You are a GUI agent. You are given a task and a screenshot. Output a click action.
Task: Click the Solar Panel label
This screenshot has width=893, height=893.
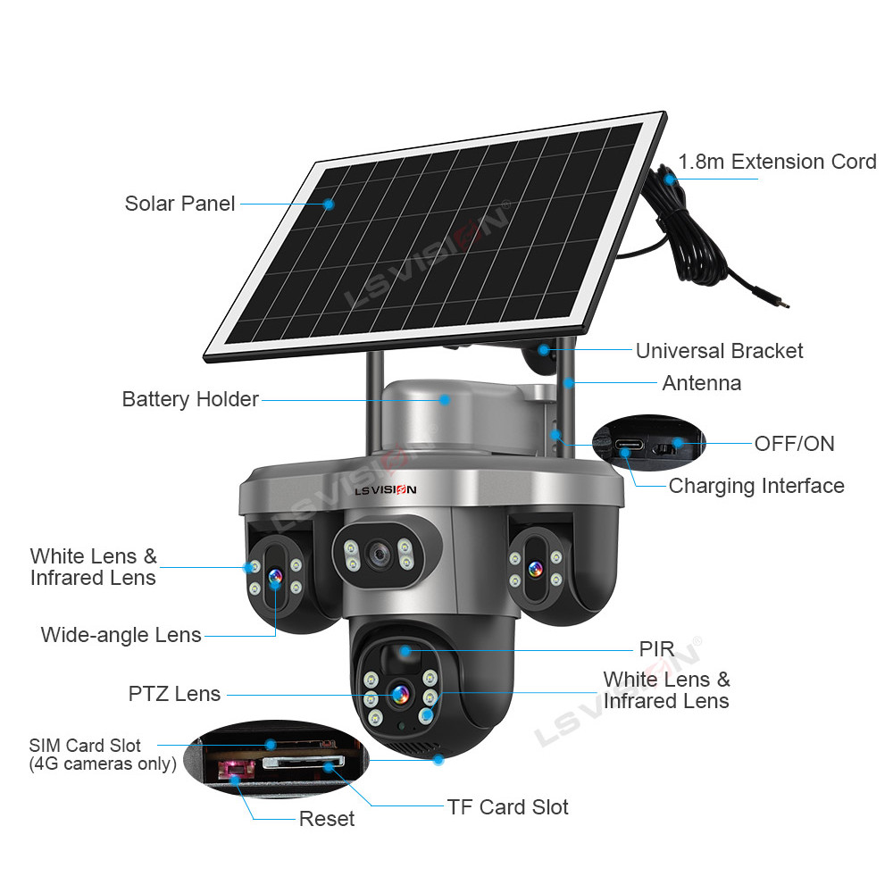[179, 203]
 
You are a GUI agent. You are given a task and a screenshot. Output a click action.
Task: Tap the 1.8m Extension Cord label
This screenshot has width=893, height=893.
[777, 162]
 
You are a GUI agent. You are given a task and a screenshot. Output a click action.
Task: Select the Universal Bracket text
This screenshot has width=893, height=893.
[719, 351]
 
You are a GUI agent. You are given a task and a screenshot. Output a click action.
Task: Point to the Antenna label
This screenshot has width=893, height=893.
[701, 383]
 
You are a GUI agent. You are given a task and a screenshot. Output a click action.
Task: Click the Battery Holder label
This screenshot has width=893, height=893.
[190, 399]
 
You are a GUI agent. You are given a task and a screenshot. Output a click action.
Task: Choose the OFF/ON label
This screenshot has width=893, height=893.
[794, 443]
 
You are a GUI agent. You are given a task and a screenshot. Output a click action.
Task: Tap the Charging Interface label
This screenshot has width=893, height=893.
[756, 486]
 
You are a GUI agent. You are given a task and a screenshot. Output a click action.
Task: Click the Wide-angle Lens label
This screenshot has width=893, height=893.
[121, 635]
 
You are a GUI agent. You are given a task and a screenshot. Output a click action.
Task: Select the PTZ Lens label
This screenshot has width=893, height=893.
[174, 693]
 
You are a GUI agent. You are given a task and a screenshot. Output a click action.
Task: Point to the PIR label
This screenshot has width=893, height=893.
[656, 648]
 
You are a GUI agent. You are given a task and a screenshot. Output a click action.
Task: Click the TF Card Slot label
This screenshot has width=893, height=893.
[507, 807]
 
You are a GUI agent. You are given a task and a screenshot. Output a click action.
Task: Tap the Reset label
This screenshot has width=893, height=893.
[326, 819]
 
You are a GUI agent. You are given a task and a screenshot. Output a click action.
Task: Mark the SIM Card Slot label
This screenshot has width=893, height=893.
[85, 746]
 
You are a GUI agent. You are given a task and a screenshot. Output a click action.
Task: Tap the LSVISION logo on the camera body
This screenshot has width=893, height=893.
[385, 488]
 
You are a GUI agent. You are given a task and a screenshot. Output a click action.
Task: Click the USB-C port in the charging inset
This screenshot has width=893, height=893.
[626, 444]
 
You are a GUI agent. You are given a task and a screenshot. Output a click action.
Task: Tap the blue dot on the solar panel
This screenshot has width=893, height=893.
[329, 204]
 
